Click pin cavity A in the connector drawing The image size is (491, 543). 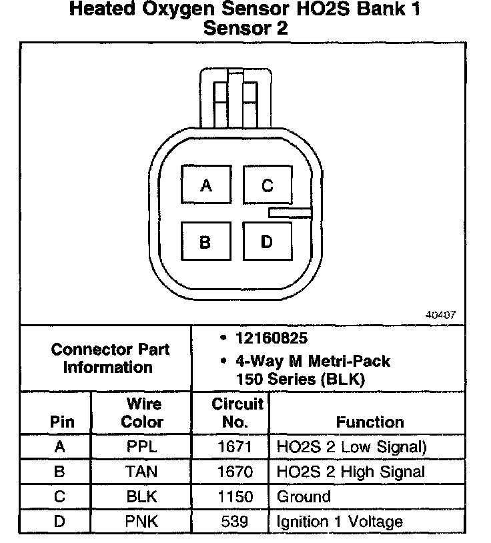coord(206,185)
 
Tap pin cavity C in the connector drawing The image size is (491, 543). coord(267,185)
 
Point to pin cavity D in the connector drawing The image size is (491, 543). coord(266,241)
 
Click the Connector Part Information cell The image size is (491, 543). coord(111,358)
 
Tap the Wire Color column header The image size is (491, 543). coord(142,413)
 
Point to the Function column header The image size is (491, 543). coord(370,422)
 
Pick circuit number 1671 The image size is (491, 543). coord(235,447)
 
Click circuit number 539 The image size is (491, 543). coord(235,521)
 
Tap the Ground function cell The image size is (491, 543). coord(304,496)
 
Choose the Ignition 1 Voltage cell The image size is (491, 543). coord(340,521)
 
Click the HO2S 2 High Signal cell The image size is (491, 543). coord(350,472)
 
